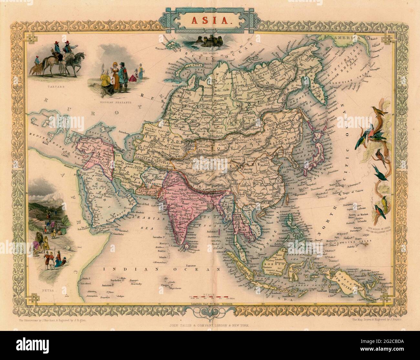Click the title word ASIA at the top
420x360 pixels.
click(x=210, y=20)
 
